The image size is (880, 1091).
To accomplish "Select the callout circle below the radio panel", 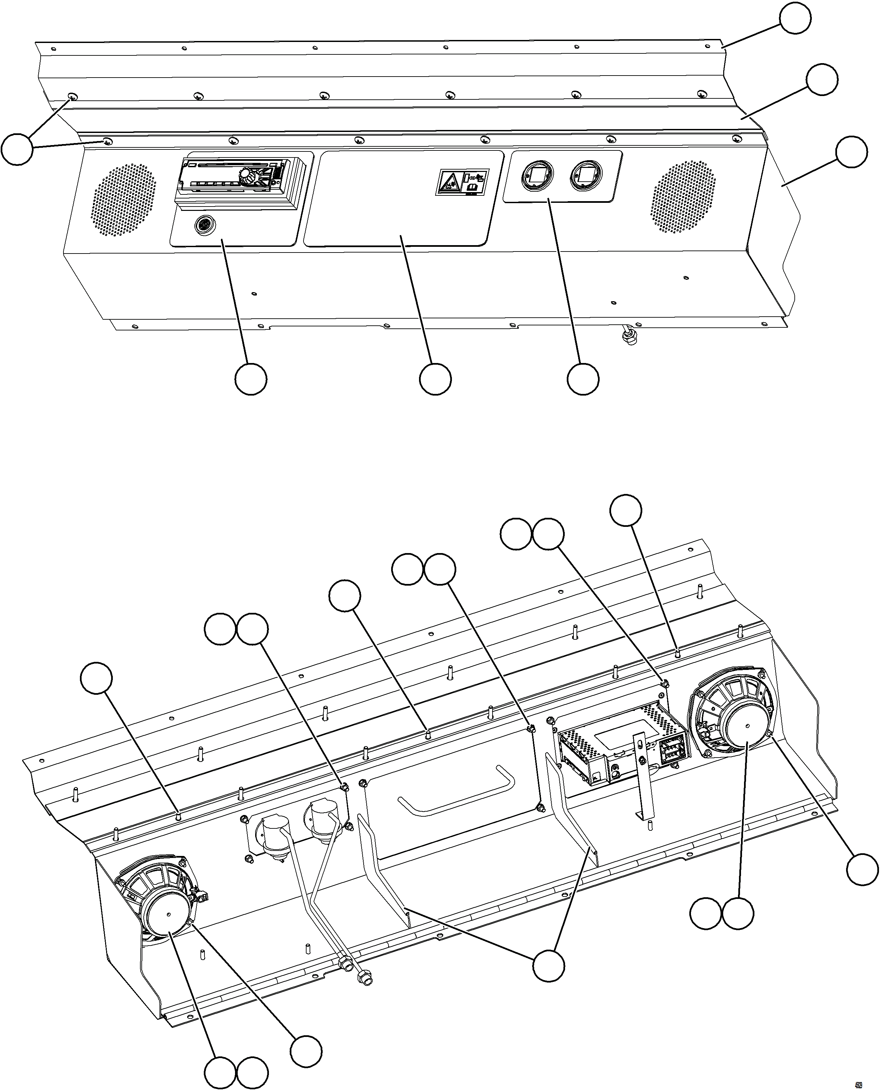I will coord(251,379).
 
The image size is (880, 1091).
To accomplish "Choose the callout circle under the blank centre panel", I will coord(435,379).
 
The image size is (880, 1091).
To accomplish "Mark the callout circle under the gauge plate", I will coord(583,379).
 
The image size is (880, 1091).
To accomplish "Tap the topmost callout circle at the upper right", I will coord(795,18).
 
